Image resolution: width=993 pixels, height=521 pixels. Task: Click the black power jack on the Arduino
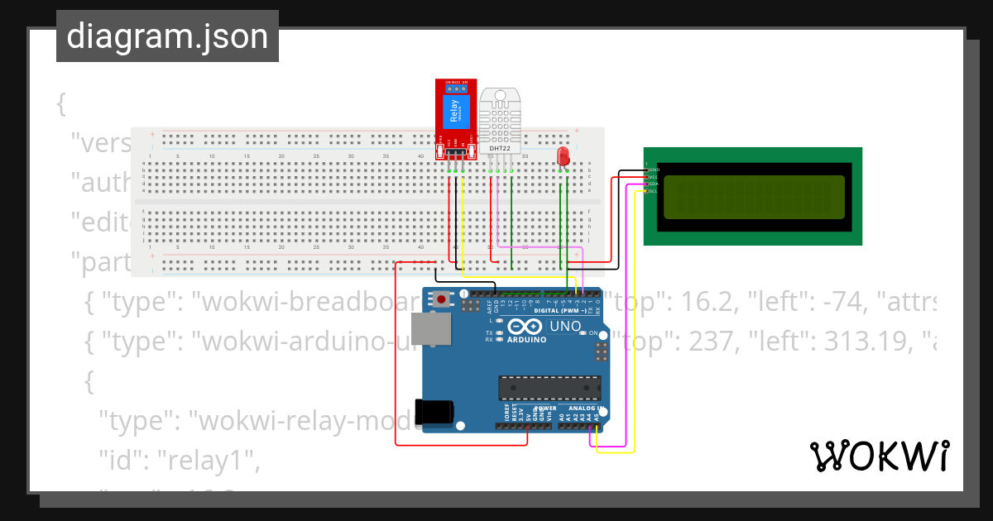click(x=434, y=411)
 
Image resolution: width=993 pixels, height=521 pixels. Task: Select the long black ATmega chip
click(x=549, y=387)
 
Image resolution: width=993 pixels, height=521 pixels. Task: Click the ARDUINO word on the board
click(x=527, y=340)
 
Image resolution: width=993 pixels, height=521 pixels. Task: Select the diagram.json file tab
click(x=167, y=36)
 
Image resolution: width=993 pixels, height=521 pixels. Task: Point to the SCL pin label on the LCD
click(x=652, y=191)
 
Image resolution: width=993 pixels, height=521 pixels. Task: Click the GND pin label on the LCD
click(x=652, y=170)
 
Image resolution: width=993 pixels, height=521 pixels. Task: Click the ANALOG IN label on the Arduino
click(x=584, y=409)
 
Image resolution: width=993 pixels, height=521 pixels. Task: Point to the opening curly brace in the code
click(x=60, y=104)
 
